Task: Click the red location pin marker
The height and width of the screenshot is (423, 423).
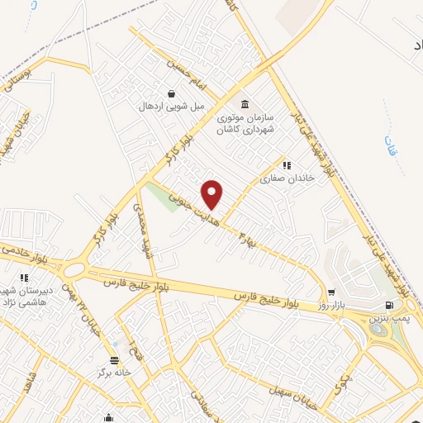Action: point(213,193)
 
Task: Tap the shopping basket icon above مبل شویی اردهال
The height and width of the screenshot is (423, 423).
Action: point(170,94)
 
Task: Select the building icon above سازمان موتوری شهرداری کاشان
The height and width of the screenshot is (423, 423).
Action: point(245,104)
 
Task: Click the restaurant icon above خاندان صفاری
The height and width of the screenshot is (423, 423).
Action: point(286,165)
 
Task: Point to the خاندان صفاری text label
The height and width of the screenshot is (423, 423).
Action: point(278,178)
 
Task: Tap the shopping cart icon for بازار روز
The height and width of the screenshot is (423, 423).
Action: point(331,292)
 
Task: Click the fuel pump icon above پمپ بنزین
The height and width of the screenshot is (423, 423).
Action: point(388,305)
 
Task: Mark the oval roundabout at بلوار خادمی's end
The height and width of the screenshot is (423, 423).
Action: point(75,269)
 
